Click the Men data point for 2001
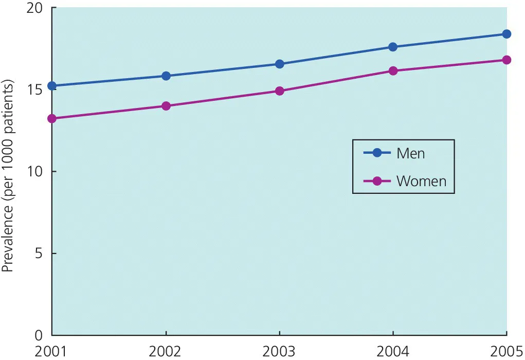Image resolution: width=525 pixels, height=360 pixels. click(x=52, y=86)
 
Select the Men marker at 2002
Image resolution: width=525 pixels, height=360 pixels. click(x=166, y=76)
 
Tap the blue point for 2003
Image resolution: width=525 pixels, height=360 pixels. click(x=279, y=64)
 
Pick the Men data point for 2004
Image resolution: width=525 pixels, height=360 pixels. click(x=393, y=47)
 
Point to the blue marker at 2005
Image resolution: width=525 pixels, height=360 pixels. click(x=506, y=34)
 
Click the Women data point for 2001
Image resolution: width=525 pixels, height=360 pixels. click(x=52, y=119)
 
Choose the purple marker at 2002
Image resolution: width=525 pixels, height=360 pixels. click(x=166, y=106)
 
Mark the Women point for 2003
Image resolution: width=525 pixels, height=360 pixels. click(x=279, y=91)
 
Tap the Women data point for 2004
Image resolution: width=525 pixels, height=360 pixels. click(x=393, y=71)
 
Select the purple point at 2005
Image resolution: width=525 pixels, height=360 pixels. click(x=506, y=60)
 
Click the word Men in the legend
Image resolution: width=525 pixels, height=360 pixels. click(x=410, y=153)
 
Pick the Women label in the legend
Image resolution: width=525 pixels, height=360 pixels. click(x=421, y=181)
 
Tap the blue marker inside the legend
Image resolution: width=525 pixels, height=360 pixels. click(x=376, y=153)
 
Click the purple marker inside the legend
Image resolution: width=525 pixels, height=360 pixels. click(x=376, y=181)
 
